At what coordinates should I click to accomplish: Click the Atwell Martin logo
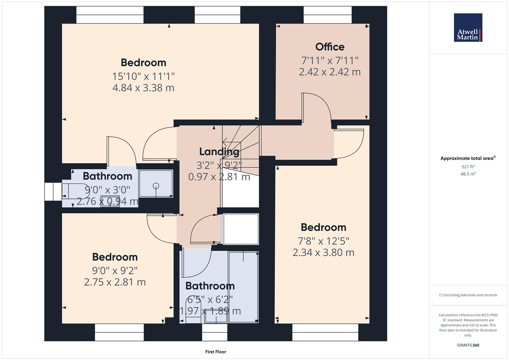coord(468,28)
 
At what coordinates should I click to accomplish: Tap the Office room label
coord(330,47)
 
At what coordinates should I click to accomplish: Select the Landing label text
coord(219,152)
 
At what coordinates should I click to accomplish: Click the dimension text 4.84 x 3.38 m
coord(143,88)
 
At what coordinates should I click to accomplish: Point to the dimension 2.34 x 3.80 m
coord(323,253)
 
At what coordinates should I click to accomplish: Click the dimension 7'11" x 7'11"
coord(330,61)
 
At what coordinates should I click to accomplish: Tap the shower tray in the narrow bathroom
coord(156,184)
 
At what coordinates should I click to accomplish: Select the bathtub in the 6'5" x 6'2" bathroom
coord(243,287)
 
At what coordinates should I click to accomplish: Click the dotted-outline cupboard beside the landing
coord(241,229)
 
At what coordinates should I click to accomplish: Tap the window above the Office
coord(327,15)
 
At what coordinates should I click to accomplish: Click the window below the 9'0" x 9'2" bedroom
coord(119,332)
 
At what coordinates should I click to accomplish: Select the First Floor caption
coord(216,352)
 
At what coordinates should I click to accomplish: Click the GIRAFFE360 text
coord(468,345)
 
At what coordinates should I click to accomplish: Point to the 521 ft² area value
coord(468,167)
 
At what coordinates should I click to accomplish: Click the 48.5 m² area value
coord(468,174)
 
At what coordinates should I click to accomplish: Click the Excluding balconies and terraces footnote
coord(468,295)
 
